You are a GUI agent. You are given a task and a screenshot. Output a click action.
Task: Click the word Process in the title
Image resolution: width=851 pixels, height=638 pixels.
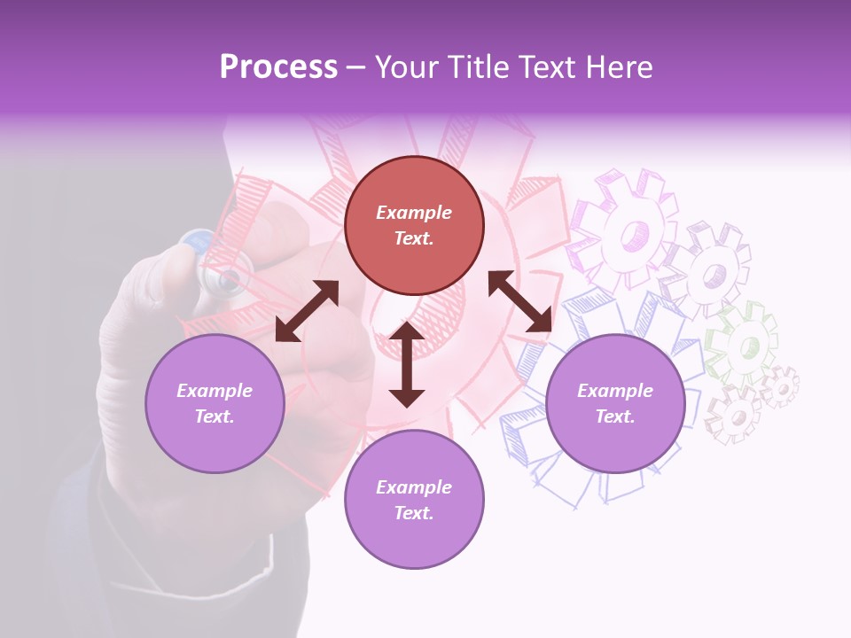(x=278, y=66)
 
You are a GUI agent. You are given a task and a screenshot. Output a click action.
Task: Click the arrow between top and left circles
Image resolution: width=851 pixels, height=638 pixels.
(x=307, y=311)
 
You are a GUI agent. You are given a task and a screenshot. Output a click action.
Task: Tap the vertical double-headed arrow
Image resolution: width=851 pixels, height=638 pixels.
(x=407, y=364)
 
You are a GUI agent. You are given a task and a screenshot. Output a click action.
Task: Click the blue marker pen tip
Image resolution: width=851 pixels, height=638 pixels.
(x=197, y=243)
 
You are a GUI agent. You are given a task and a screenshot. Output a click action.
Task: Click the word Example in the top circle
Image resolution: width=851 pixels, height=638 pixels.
(x=414, y=213)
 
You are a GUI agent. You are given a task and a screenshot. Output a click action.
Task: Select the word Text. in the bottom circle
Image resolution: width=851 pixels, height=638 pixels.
(x=414, y=513)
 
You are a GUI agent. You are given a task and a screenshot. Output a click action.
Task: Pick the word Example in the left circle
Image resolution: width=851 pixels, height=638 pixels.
(x=215, y=391)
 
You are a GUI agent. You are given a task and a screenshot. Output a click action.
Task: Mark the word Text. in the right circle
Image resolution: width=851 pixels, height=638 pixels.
(x=615, y=416)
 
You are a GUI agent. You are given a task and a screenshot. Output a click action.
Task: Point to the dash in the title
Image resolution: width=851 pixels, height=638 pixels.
(x=355, y=67)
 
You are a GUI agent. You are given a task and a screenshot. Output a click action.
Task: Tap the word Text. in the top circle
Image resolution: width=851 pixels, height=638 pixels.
(x=414, y=238)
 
